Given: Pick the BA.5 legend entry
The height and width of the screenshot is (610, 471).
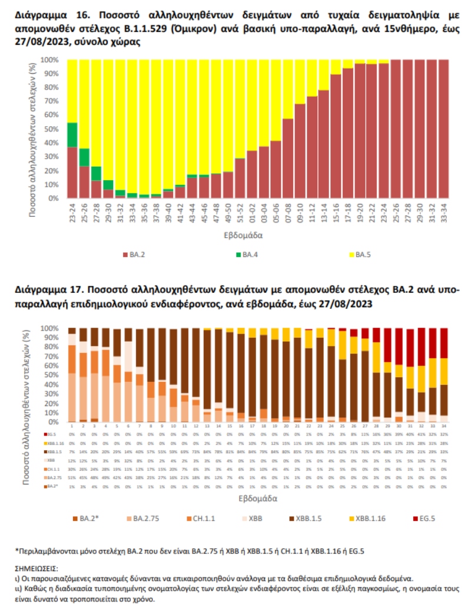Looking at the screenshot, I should [x=361, y=255].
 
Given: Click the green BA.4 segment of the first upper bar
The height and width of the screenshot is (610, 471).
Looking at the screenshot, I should [x=72, y=134].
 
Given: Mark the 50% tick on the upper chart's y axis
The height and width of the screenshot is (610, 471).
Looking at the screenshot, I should [x=51, y=129].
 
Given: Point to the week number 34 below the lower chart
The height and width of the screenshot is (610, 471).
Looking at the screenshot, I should [x=444, y=426].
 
